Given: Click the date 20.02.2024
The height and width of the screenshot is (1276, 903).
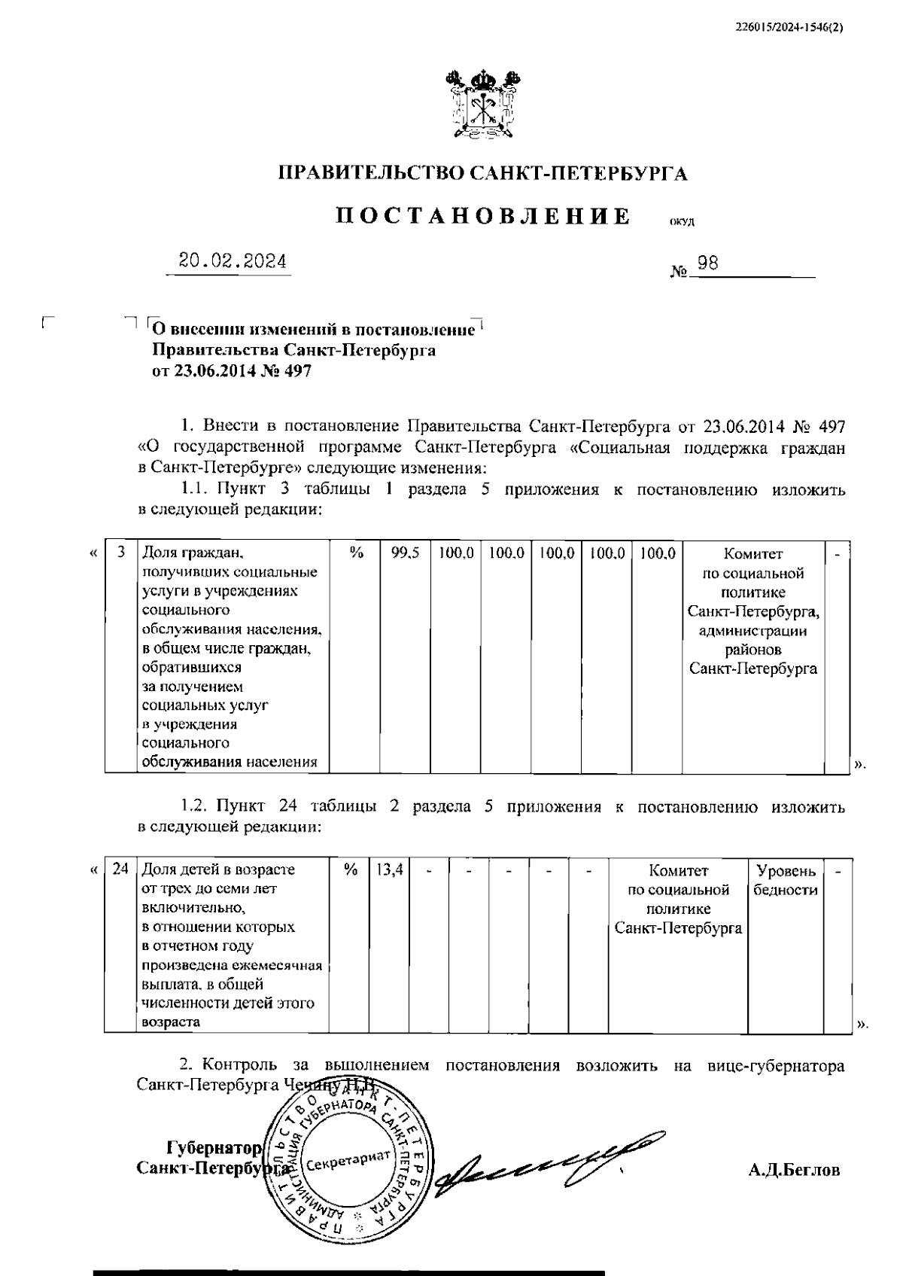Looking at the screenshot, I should pyautogui.click(x=233, y=261).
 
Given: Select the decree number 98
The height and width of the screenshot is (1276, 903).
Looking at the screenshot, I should pyautogui.click(x=707, y=263).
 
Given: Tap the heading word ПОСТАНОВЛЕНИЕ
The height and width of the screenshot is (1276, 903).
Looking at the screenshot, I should pyautogui.click(x=482, y=217).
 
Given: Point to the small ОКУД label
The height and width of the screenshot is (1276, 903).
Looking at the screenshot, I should pyautogui.click(x=683, y=221).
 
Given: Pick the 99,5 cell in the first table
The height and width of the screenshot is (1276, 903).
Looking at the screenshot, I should pyautogui.click(x=405, y=554).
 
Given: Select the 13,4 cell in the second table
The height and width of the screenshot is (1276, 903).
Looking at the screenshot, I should pyautogui.click(x=388, y=870).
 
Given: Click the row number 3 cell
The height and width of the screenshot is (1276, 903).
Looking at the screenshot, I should pyautogui.click(x=120, y=554).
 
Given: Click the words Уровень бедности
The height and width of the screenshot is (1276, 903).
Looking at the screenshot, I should pyautogui.click(x=786, y=880).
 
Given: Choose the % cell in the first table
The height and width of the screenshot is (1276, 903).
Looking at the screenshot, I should pyautogui.click(x=356, y=554).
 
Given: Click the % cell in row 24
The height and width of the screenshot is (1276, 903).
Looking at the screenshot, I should pyautogui.click(x=350, y=870).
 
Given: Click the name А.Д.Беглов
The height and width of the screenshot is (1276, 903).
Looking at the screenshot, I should pyautogui.click(x=794, y=1170).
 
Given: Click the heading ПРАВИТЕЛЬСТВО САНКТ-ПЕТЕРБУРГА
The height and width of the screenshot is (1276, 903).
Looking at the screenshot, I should pyautogui.click(x=483, y=175).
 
